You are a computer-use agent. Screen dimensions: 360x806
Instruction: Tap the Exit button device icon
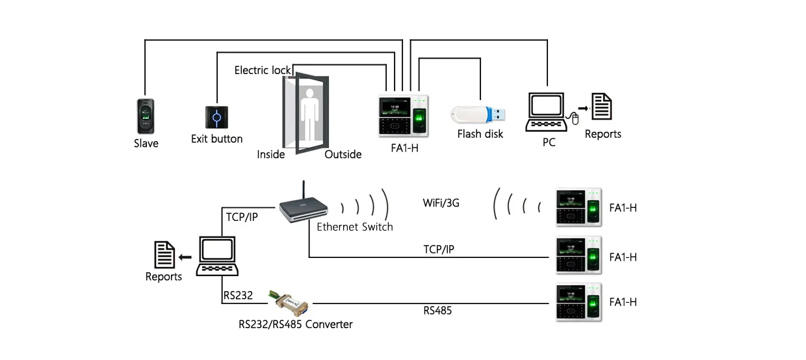pyautogui.click(x=216, y=118)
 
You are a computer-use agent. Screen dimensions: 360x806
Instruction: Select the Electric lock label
pyautogui.click(x=262, y=70)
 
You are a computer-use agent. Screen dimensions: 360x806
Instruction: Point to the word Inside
pyautogui.click(x=271, y=154)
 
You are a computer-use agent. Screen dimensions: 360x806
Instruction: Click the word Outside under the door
pyautogui.click(x=343, y=154)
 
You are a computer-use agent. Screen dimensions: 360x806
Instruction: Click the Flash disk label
pyautogui.click(x=480, y=134)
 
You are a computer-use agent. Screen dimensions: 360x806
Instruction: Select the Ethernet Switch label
pyautogui.click(x=355, y=227)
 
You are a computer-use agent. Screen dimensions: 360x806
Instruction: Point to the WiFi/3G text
pyautogui.click(x=441, y=203)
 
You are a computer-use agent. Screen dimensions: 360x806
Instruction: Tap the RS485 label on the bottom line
pyautogui.click(x=437, y=311)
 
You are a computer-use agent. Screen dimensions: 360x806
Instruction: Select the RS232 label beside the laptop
pyautogui.click(x=238, y=295)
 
